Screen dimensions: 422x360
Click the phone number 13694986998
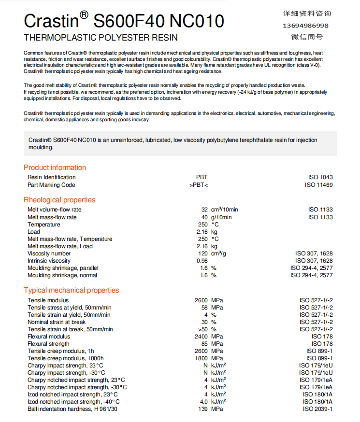coord(305,25)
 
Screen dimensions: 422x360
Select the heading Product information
coord(55,168)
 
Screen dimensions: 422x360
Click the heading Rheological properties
coord(59,200)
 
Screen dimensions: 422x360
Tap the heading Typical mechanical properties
coord(71,290)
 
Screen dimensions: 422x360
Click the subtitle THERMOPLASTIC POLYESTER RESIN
coord(101,38)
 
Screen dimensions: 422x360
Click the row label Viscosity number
coord(49,253)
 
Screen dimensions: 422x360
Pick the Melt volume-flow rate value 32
coord(204,210)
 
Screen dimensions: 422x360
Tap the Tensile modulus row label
coord(48,300)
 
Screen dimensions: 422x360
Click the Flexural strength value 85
coord(204,344)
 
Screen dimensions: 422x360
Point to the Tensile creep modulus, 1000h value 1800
coord(201,358)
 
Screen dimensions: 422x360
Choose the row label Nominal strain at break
coord(57,322)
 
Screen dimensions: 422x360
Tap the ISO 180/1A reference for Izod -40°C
coord(317,402)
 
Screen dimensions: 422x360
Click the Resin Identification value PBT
coord(202,177)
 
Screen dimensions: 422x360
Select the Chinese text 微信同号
coord(307,37)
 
